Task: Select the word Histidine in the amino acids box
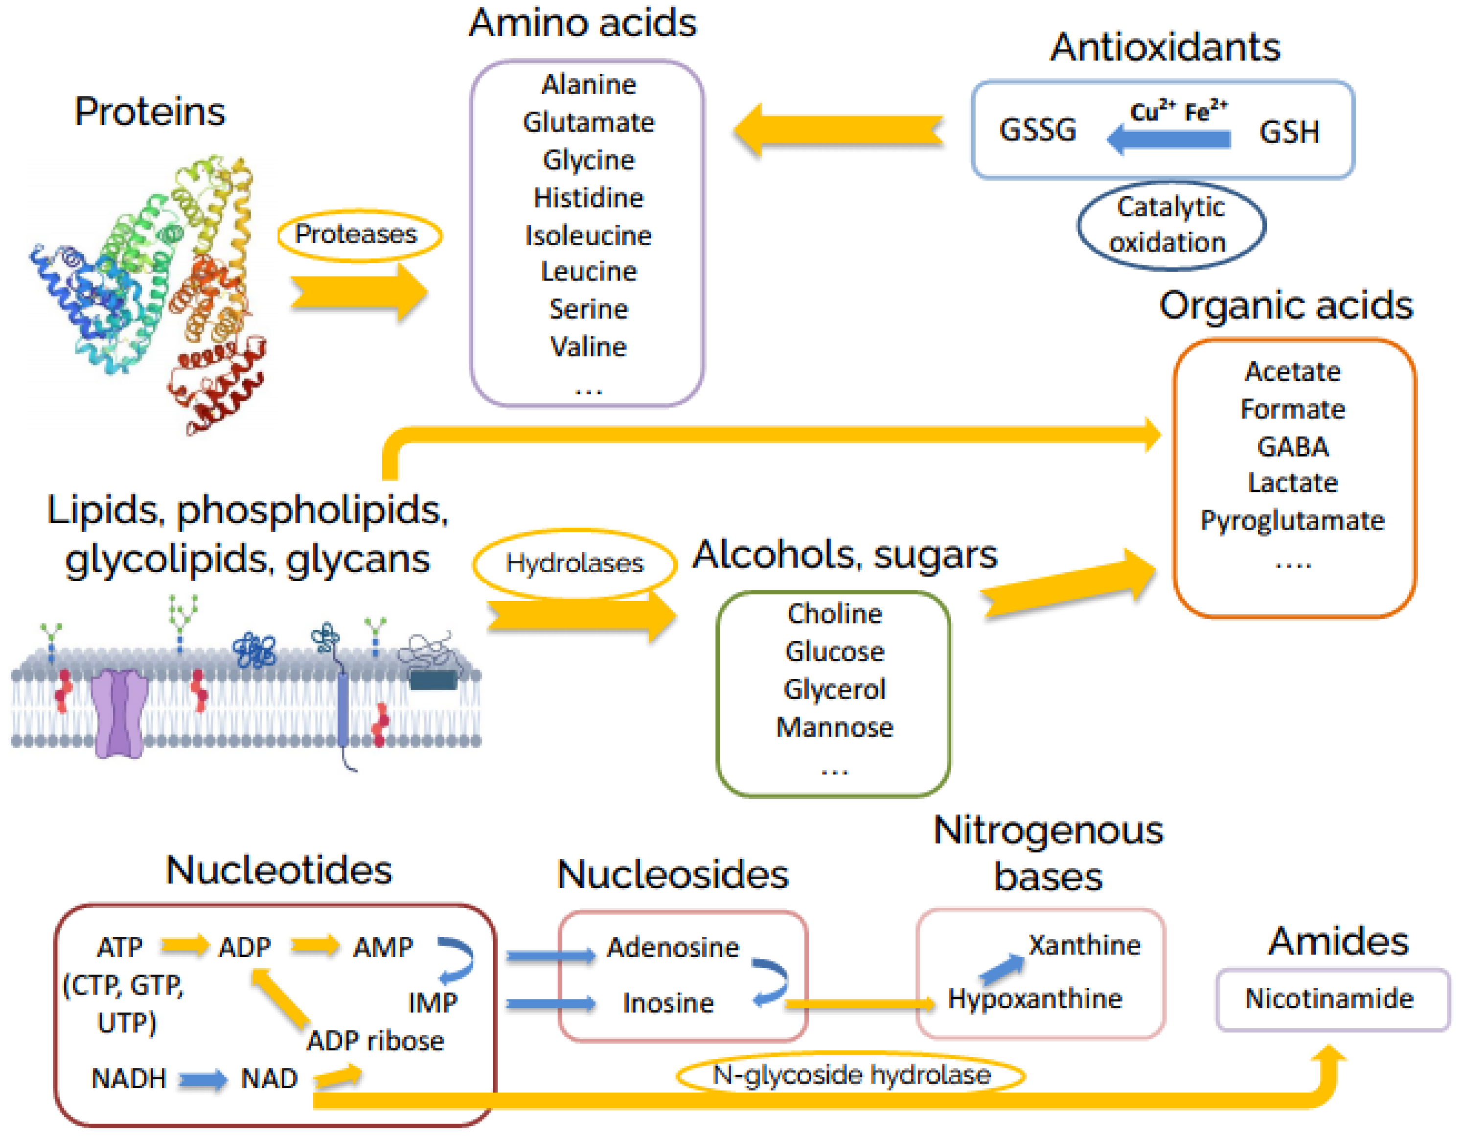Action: coord(588,198)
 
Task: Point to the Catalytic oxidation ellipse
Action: coord(1170,226)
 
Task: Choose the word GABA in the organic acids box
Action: coord(1292,447)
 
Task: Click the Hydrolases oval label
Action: coord(574,563)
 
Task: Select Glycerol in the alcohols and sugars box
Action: coord(834,689)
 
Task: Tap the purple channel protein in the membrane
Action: coord(119,714)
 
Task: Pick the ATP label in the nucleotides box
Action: coord(120,947)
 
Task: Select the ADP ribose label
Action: coord(375,1041)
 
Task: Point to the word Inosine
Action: coord(668,1003)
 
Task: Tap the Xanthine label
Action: coord(1084,945)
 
